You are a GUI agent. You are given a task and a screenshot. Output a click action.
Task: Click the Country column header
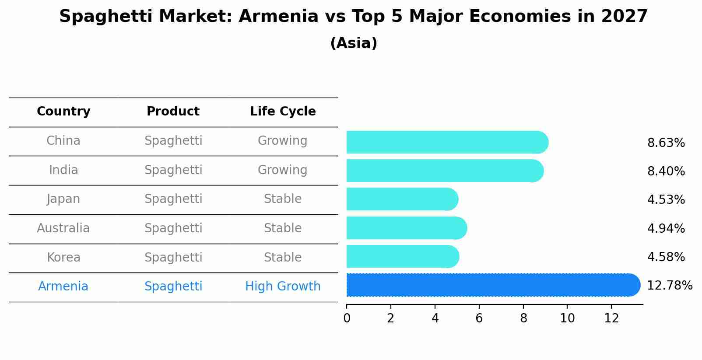click(x=63, y=112)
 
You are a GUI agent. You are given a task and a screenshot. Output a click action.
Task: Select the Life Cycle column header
click(x=283, y=112)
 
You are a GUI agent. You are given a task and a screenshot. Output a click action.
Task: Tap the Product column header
click(x=173, y=112)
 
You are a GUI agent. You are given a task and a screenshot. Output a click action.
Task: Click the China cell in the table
click(x=63, y=141)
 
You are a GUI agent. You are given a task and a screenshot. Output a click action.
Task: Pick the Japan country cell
click(x=63, y=199)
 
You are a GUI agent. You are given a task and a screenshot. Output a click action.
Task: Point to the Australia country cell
click(x=63, y=228)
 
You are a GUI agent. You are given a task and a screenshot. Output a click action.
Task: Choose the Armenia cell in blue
click(x=63, y=287)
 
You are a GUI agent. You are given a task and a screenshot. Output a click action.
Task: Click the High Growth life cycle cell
click(x=283, y=287)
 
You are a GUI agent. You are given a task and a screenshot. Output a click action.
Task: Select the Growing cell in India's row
click(x=283, y=170)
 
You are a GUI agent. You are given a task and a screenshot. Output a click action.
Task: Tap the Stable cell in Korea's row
click(x=283, y=257)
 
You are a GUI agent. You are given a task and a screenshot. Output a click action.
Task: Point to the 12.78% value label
click(x=670, y=286)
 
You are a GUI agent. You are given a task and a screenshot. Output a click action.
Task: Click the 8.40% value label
click(x=666, y=171)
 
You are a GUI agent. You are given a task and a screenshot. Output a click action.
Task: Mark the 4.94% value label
click(x=666, y=228)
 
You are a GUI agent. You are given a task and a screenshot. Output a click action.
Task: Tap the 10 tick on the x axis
click(x=567, y=318)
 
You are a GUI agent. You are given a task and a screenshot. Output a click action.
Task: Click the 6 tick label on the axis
click(x=479, y=318)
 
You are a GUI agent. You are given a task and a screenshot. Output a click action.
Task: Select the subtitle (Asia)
click(x=354, y=43)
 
